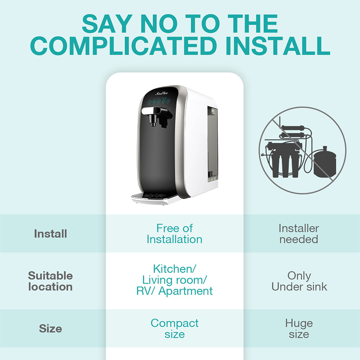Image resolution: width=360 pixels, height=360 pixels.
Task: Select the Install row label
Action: pyautogui.click(x=50, y=234)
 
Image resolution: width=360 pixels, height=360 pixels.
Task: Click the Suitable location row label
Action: pyautogui.click(x=50, y=281)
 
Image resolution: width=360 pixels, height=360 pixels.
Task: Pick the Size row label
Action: pyautogui.click(x=50, y=329)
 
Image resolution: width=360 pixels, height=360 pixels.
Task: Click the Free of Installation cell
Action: pyautogui.click(x=174, y=234)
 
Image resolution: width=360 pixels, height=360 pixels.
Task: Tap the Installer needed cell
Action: pyautogui.click(x=299, y=234)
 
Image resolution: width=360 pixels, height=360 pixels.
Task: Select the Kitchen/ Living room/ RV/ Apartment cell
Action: pyautogui.click(x=174, y=280)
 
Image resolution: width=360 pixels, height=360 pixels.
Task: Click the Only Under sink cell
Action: pyautogui.click(x=299, y=281)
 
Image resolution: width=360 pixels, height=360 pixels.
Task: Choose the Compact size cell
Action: pyautogui.click(x=174, y=328)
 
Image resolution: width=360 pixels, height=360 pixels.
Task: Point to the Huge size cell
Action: pyautogui.click(x=299, y=328)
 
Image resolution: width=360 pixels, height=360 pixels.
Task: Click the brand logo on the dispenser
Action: pyautogui.click(x=162, y=93)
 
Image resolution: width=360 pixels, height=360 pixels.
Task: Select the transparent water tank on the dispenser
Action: pyautogui.click(x=212, y=144)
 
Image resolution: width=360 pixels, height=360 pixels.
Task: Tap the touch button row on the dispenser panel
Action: pyautogui.click(x=159, y=102)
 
